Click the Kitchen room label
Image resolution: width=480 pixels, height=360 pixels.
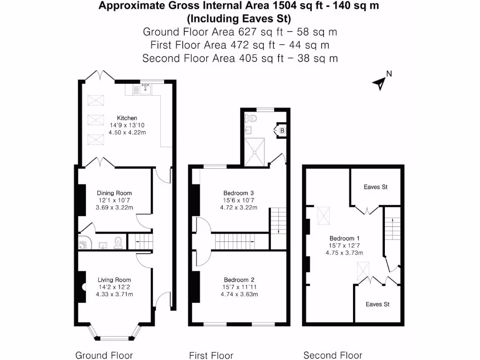(127, 118)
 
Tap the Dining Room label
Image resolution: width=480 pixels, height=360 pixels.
(114, 193)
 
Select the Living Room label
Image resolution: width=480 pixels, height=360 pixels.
(114, 280)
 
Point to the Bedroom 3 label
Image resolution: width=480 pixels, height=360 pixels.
(239, 193)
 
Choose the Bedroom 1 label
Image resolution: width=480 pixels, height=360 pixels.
(345, 238)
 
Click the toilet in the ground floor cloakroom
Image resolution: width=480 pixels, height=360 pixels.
(119, 242)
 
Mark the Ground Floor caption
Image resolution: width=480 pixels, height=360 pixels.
(104, 355)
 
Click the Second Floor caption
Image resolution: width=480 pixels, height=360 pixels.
(333, 355)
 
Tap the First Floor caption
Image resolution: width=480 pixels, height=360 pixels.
(211, 355)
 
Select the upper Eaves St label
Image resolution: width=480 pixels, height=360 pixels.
(375, 187)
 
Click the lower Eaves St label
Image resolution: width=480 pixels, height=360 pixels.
(377, 304)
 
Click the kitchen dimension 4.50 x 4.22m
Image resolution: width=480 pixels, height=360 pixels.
(127, 133)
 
